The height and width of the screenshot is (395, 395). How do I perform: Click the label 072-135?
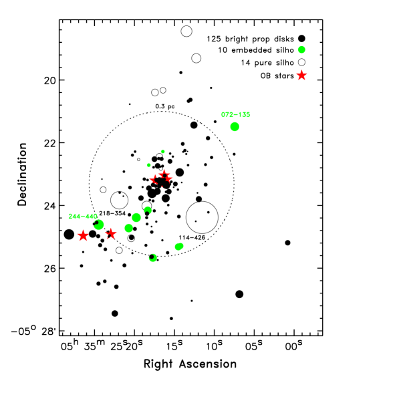click(x=235, y=115)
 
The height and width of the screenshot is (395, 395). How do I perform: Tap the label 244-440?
click(x=83, y=217)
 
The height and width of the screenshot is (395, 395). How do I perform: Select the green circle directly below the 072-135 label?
click(x=235, y=126)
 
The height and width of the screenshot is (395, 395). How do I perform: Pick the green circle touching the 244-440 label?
click(x=99, y=225)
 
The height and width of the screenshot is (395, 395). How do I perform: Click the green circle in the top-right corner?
click(x=301, y=49)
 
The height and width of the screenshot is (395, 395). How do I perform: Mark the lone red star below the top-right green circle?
click(x=301, y=76)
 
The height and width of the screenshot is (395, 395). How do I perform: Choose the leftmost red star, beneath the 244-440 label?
click(x=83, y=235)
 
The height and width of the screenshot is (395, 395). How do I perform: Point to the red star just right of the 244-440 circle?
click(x=111, y=233)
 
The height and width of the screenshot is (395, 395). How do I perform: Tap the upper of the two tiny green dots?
click(x=163, y=152)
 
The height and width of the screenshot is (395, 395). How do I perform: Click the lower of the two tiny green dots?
click(x=148, y=165)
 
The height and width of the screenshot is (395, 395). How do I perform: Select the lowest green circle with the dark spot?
click(x=152, y=257)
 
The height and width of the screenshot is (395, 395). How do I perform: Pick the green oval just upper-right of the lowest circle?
click(x=179, y=247)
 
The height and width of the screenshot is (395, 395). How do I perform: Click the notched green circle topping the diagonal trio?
click(x=148, y=210)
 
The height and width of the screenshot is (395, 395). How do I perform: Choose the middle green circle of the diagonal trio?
click(x=136, y=217)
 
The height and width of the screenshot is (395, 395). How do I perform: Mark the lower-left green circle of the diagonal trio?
click(x=128, y=228)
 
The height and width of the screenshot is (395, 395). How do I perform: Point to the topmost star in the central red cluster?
click(x=164, y=173)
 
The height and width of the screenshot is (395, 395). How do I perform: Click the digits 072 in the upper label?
click(x=227, y=115)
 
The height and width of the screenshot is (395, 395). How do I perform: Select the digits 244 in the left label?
click(x=74, y=217)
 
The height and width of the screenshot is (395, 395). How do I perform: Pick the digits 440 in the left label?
click(x=91, y=217)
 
